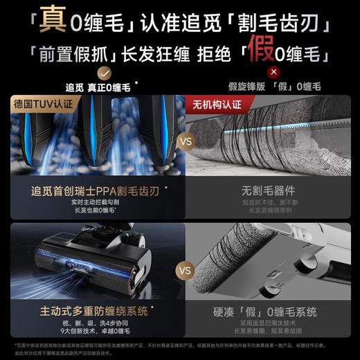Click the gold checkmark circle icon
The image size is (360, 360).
[x=103, y=71]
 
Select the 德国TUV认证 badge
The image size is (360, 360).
[x=42, y=103]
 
